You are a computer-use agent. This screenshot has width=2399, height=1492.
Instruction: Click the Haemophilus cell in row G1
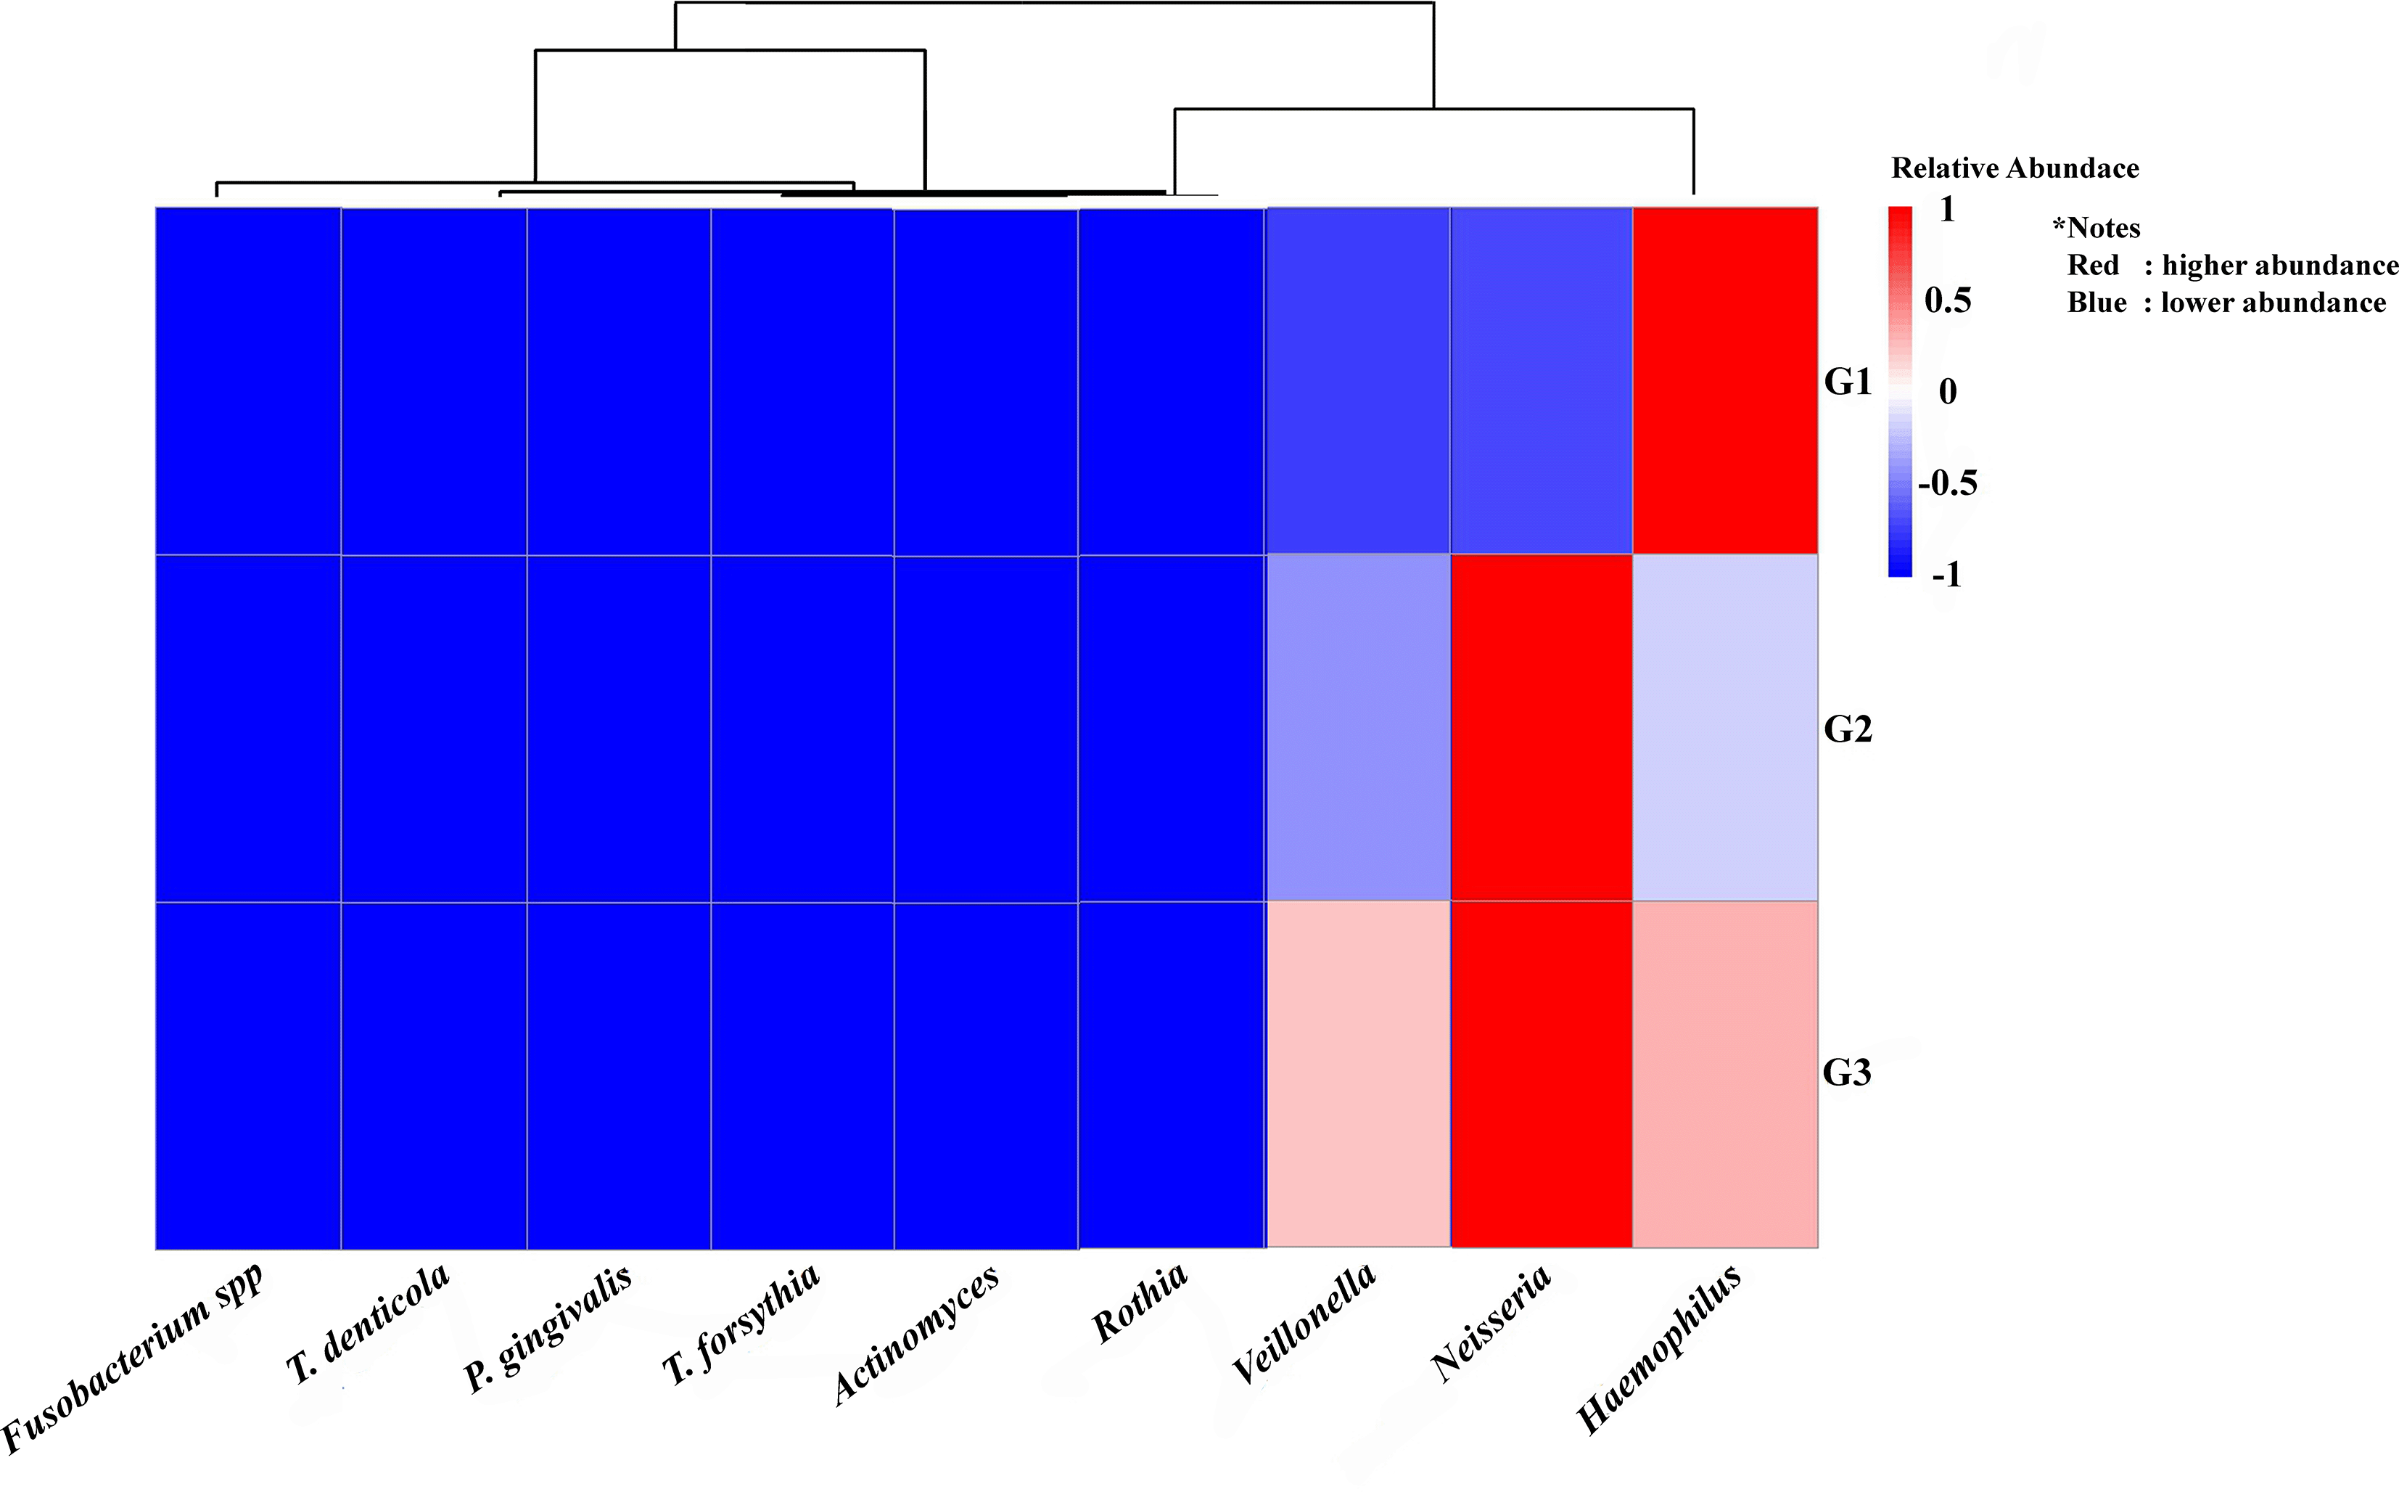click(1725, 381)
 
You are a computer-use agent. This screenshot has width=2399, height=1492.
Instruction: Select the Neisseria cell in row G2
click(1542, 729)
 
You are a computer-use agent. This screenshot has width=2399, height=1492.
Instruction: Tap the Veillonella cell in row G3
click(1358, 1075)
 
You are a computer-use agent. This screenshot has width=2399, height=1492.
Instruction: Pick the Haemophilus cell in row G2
click(1725, 729)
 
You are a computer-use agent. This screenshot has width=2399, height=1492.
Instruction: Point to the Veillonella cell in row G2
click(1358, 729)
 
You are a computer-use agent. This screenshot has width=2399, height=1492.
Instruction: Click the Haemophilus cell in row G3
click(1725, 1075)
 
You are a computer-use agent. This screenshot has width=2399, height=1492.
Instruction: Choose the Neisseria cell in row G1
click(1542, 381)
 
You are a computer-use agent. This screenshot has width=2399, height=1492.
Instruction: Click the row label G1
click(1848, 382)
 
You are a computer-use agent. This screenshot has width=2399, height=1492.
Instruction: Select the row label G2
click(1848, 729)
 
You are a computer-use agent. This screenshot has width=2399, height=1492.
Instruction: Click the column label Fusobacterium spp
click(133, 1357)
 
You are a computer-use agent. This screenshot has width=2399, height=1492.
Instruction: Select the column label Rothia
click(1140, 1303)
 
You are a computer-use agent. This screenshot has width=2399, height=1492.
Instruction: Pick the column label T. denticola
click(368, 1323)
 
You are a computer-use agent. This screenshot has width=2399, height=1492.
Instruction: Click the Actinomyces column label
click(916, 1333)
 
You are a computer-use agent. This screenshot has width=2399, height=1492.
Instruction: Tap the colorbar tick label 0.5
click(1947, 300)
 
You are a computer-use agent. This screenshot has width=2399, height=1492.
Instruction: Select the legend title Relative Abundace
click(2015, 169)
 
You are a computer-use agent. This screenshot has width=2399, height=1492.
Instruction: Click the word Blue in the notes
click(2096, 303)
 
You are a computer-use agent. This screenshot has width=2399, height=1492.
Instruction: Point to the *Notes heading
click(2096, 228)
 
